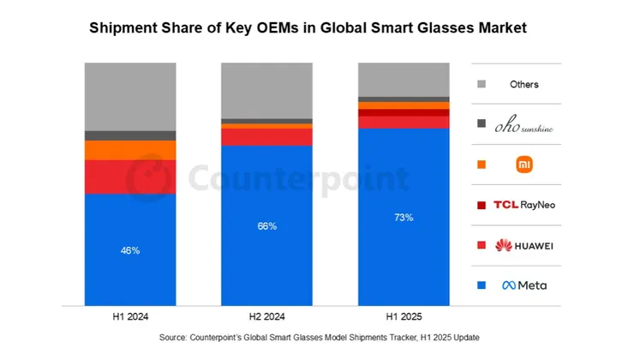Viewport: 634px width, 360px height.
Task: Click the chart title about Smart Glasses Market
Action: click(308, 28)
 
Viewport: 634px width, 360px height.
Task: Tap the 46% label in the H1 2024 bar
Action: click(129, 250)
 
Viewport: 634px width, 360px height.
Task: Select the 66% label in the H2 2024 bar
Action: click(266, 226)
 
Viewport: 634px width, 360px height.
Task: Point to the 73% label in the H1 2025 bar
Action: click(404, 218)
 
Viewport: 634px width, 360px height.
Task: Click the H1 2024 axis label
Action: click(129, 316)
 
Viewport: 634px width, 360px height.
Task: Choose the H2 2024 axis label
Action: click(266, 316)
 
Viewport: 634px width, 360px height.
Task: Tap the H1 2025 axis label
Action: click(404, 316)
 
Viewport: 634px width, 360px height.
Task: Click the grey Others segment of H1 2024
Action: click(129, 96)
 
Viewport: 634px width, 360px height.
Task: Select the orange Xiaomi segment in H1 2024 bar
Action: click(129, 150)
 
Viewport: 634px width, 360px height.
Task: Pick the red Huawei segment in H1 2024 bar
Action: click(129, 177)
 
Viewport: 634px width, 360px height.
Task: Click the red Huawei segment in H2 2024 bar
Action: click(266, 136)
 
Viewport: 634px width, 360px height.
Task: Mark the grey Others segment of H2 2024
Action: click(266, 90)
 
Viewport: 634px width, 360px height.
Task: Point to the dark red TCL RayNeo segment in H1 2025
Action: click(404, 112)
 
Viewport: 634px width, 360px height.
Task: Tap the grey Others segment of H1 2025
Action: click(404, 79)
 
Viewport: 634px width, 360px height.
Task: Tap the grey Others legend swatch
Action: click(481, 84)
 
